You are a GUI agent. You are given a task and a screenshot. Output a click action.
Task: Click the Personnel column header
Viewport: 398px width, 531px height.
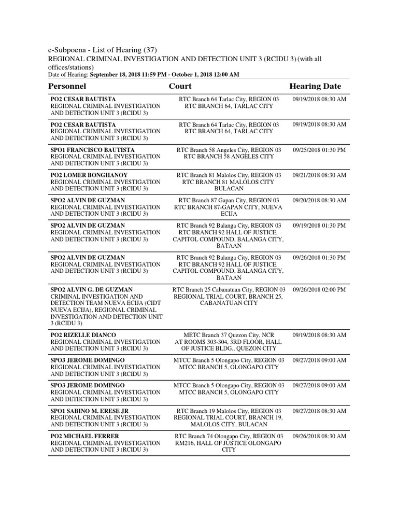pyautogui.click(x=67, y=86)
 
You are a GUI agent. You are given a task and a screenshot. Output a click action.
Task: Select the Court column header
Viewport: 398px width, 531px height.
pyautogui.click(x=180, y=86)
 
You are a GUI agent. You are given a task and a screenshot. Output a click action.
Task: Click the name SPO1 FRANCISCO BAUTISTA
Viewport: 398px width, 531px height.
pyautogui.click(x=93, y=150)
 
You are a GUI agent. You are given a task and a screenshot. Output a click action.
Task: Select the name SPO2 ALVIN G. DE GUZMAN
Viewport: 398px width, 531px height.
pyautogui.click(x=91, y=289)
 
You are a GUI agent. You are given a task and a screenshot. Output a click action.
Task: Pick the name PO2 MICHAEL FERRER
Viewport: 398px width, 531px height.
pyautogui.click(x=84, y=436)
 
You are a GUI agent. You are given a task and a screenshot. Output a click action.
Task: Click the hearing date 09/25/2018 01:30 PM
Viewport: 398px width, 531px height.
pyautogui.click(x=319, y=150)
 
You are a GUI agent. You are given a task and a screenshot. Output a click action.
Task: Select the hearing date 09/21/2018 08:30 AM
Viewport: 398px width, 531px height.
pyautogui.click(x=319, y=175)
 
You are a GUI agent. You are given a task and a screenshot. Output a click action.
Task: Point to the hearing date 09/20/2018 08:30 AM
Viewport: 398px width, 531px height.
pyautogui.click(x=319, y=200)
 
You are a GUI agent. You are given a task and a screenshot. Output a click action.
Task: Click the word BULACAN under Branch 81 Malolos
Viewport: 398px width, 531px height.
pyautogui.click(x=229, y=189)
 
